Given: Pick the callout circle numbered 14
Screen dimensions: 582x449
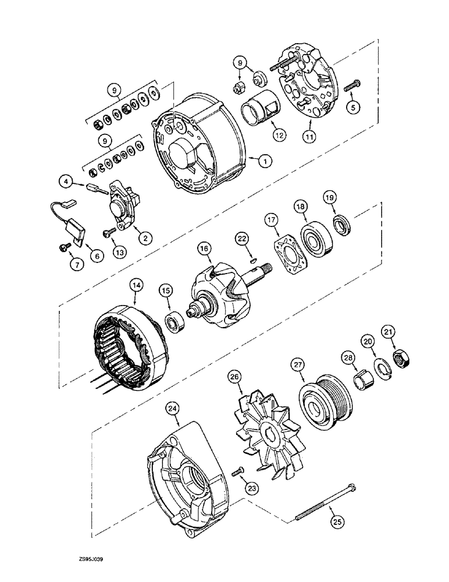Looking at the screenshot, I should tap(136, 285).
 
